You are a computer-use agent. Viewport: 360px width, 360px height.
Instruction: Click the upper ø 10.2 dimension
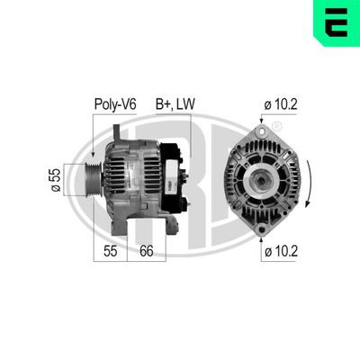282,103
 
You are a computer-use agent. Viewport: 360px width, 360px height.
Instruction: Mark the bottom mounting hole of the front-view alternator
261,230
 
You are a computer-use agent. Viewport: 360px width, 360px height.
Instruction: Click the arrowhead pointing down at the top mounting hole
261,120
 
